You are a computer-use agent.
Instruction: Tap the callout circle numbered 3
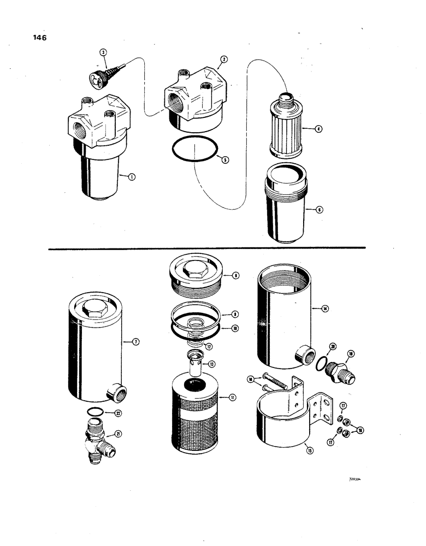pos(103,52)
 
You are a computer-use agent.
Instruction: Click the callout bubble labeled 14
pos(325,308)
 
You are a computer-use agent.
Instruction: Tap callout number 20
pos(333,346)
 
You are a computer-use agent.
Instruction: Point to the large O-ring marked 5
pos(194,149)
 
